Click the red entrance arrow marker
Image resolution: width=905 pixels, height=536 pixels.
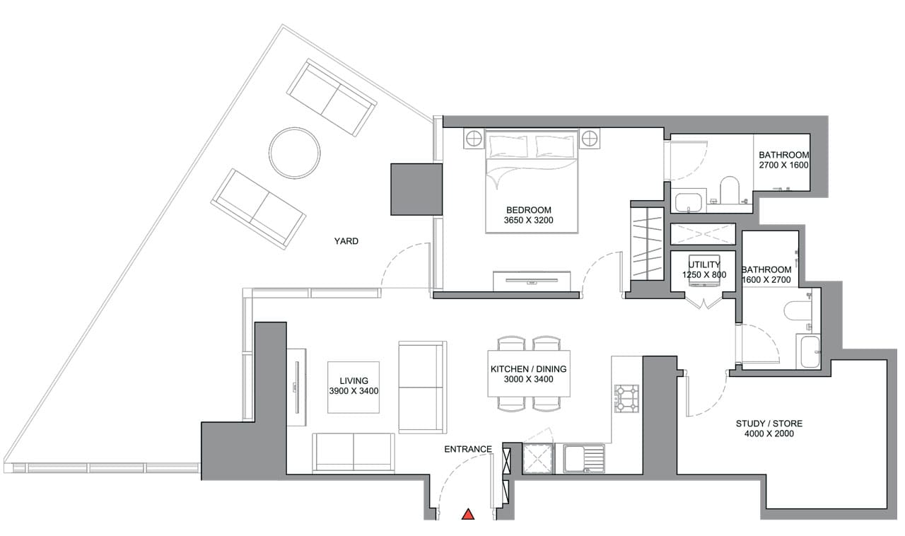[x=467, y=514]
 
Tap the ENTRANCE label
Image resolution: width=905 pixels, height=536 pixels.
[x=467, y=449]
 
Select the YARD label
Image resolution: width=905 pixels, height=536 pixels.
[x=346, y=241]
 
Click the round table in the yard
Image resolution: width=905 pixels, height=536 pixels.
[x=294, y=153]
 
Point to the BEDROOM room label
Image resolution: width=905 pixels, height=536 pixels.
[x=528, y=210]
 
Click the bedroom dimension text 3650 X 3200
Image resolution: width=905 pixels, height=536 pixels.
[x=528, y=221]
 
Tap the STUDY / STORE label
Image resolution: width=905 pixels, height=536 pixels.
[x=769, y=424]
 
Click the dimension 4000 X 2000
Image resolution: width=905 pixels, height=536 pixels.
[x=769, y=434]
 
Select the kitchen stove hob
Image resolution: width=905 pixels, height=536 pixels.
[x=626, y=398]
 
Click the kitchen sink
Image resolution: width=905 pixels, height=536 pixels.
[x=584, y=458]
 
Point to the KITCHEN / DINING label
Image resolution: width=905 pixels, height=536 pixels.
[x=528, y=369]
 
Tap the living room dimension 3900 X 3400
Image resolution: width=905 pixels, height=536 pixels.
[x=354, y=391]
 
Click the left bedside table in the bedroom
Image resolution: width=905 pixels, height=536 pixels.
[x=473, y=138]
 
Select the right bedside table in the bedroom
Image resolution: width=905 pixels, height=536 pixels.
[x=590, y=138]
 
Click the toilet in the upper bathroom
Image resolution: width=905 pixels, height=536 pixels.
[x=728, y=190]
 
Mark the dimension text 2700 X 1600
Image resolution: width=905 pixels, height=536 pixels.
[x=783, y=165]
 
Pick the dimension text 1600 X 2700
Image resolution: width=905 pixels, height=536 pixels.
[x=766, y=280]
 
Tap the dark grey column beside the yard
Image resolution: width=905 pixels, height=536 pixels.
[x=416, y=190]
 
